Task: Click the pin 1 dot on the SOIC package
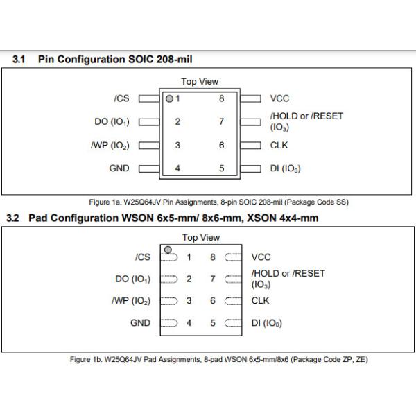[169, 98]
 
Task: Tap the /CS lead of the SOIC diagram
[149, 98]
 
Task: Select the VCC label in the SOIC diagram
[279, 98]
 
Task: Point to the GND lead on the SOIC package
[149, 168]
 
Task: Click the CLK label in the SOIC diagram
[279, 145]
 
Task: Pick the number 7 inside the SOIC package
[222, 121]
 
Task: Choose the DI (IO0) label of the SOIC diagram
[285, 168]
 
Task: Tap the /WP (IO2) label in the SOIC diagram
[110, 146]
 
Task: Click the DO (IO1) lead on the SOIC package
[149, 122]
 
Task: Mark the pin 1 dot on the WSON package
[168, 250]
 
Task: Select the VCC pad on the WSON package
[233, 257]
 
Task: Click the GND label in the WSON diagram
[140, 323]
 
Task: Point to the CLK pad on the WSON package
[233, 301]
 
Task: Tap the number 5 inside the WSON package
[213, 323]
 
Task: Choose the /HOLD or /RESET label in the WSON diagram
[288, 273]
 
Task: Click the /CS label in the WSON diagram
[143, 257]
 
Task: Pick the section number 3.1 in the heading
[19, 59]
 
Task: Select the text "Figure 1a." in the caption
[105, 202]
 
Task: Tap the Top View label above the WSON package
[201, 237]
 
